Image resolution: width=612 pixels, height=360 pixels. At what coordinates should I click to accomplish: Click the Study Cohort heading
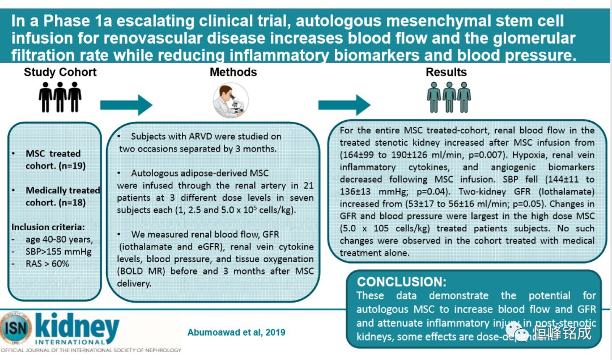tap(60, 72)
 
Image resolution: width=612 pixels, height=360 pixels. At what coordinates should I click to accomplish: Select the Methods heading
tap(233, 72)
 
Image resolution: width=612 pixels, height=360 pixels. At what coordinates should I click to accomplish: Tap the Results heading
tap(446, 72)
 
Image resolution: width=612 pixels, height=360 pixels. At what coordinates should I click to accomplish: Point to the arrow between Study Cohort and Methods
tap(126, 104)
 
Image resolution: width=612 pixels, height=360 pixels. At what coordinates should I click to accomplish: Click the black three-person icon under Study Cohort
tap(59, 98)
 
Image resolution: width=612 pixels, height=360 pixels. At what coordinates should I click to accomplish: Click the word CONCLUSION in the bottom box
tap(401, 282)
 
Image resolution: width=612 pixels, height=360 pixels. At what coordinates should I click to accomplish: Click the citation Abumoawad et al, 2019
tap(236, 332)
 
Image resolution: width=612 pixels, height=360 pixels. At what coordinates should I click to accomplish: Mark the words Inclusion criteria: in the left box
tap(47, 226)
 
